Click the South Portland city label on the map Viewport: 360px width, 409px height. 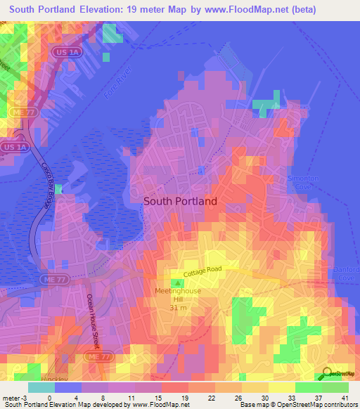(x=180, y=200)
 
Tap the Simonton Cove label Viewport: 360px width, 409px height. (x=303, y=183)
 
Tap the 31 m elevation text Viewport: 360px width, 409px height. (x=179, y=307)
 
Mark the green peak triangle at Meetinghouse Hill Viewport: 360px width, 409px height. (x=177, y=283)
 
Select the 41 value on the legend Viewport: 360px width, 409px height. (x=345, y=398)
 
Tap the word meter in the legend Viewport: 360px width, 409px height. (x=11, y=398)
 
